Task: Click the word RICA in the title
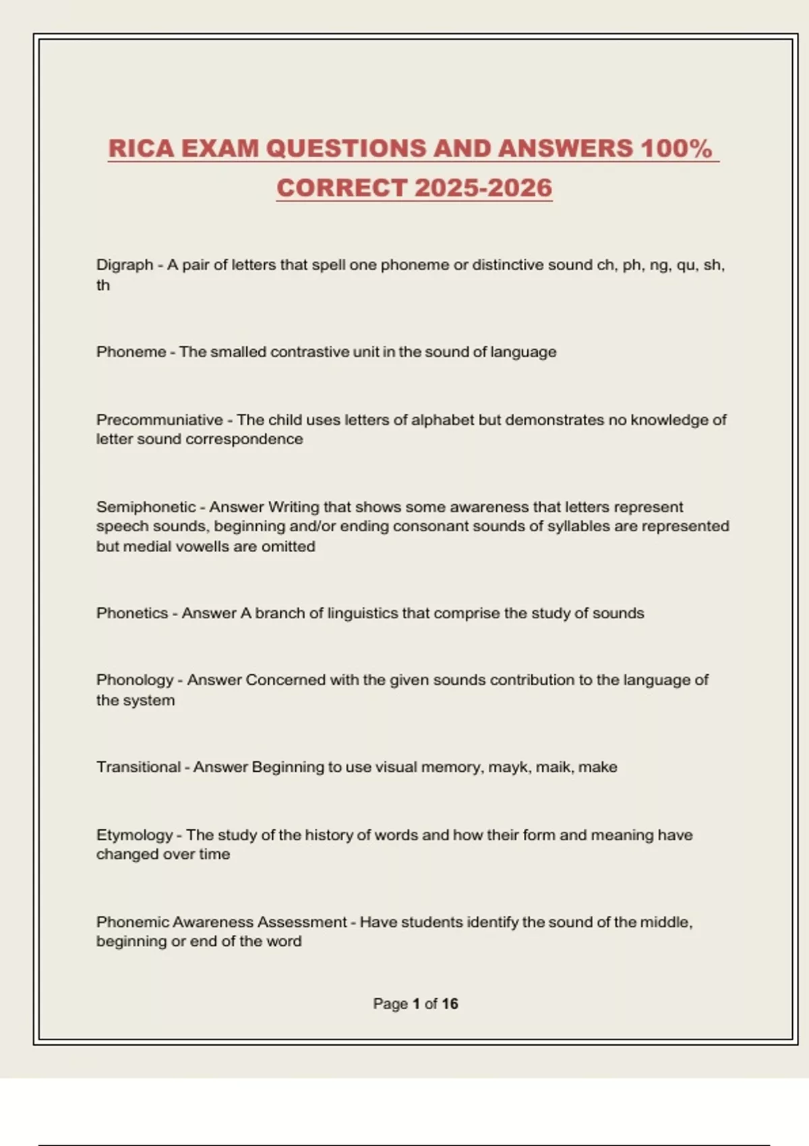(x=141, y=149)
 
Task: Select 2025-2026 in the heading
(x=483, y=188)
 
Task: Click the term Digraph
(x=125, y=265)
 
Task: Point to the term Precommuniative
(x=159, y=420)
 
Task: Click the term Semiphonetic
(x=146, y=507)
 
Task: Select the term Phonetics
(x=132, y=613)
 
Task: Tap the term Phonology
(x=135, y=680)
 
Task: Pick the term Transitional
(x=138, y=767)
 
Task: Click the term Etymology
(x=134, y=835)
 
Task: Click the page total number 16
(x=450, y=1004)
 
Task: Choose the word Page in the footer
(x=390, y=1004)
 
